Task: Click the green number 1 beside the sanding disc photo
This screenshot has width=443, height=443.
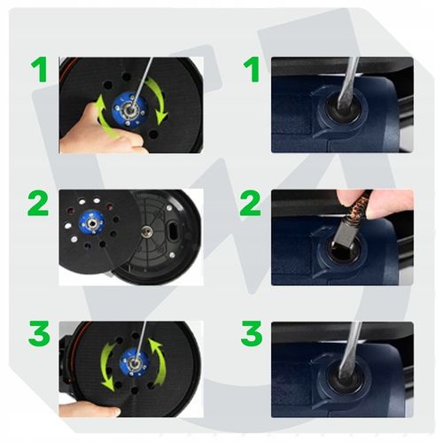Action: (39, 69)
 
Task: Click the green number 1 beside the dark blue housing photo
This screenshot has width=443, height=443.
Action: (252, 69)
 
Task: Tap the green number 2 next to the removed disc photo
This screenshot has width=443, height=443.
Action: (38, 203)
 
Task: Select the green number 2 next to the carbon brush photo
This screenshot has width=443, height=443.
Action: (251, 203)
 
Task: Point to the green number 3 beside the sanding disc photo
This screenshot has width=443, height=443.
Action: (39, 334)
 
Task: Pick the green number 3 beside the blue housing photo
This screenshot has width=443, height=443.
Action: (252, 334)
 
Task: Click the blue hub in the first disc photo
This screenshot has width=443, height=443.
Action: (130, 110)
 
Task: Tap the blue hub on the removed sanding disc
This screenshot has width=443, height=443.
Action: (92, 223)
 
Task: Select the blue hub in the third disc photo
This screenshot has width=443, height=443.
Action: (135, 362)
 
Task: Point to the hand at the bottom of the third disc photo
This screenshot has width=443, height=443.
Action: (89, 409)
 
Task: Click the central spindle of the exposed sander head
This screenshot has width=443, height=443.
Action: (145, 232)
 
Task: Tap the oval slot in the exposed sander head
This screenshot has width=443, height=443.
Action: (173, 229)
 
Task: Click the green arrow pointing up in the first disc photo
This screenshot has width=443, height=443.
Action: (104, 117)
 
